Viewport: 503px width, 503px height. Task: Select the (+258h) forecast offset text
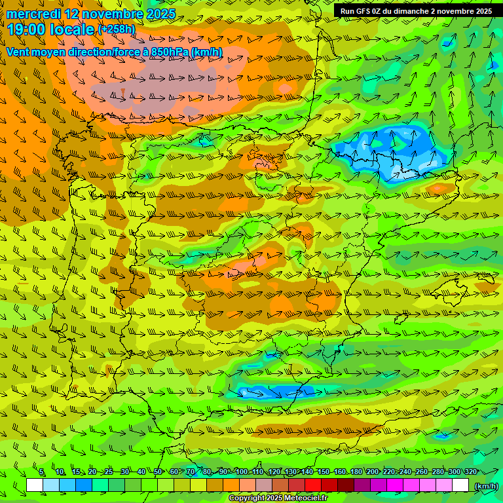(117, 29)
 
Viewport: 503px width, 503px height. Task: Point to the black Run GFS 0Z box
(417, 11)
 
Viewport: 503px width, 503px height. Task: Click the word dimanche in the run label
(409, 11)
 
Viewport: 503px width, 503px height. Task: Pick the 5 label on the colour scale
(42, 472)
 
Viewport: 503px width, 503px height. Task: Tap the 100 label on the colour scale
(241, 472)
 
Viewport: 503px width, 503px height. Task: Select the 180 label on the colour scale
(356, 472)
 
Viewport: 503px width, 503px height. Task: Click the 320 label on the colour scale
(471, 472)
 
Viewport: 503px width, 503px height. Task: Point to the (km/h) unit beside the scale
(485, 486)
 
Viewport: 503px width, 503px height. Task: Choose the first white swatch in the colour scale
(35, 485)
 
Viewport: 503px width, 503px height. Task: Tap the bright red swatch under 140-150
(313, 485)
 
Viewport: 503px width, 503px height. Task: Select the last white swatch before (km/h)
(460, 485)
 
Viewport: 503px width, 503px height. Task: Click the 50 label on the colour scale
(158, 472)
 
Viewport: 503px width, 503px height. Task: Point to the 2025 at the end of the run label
(483, 11)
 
